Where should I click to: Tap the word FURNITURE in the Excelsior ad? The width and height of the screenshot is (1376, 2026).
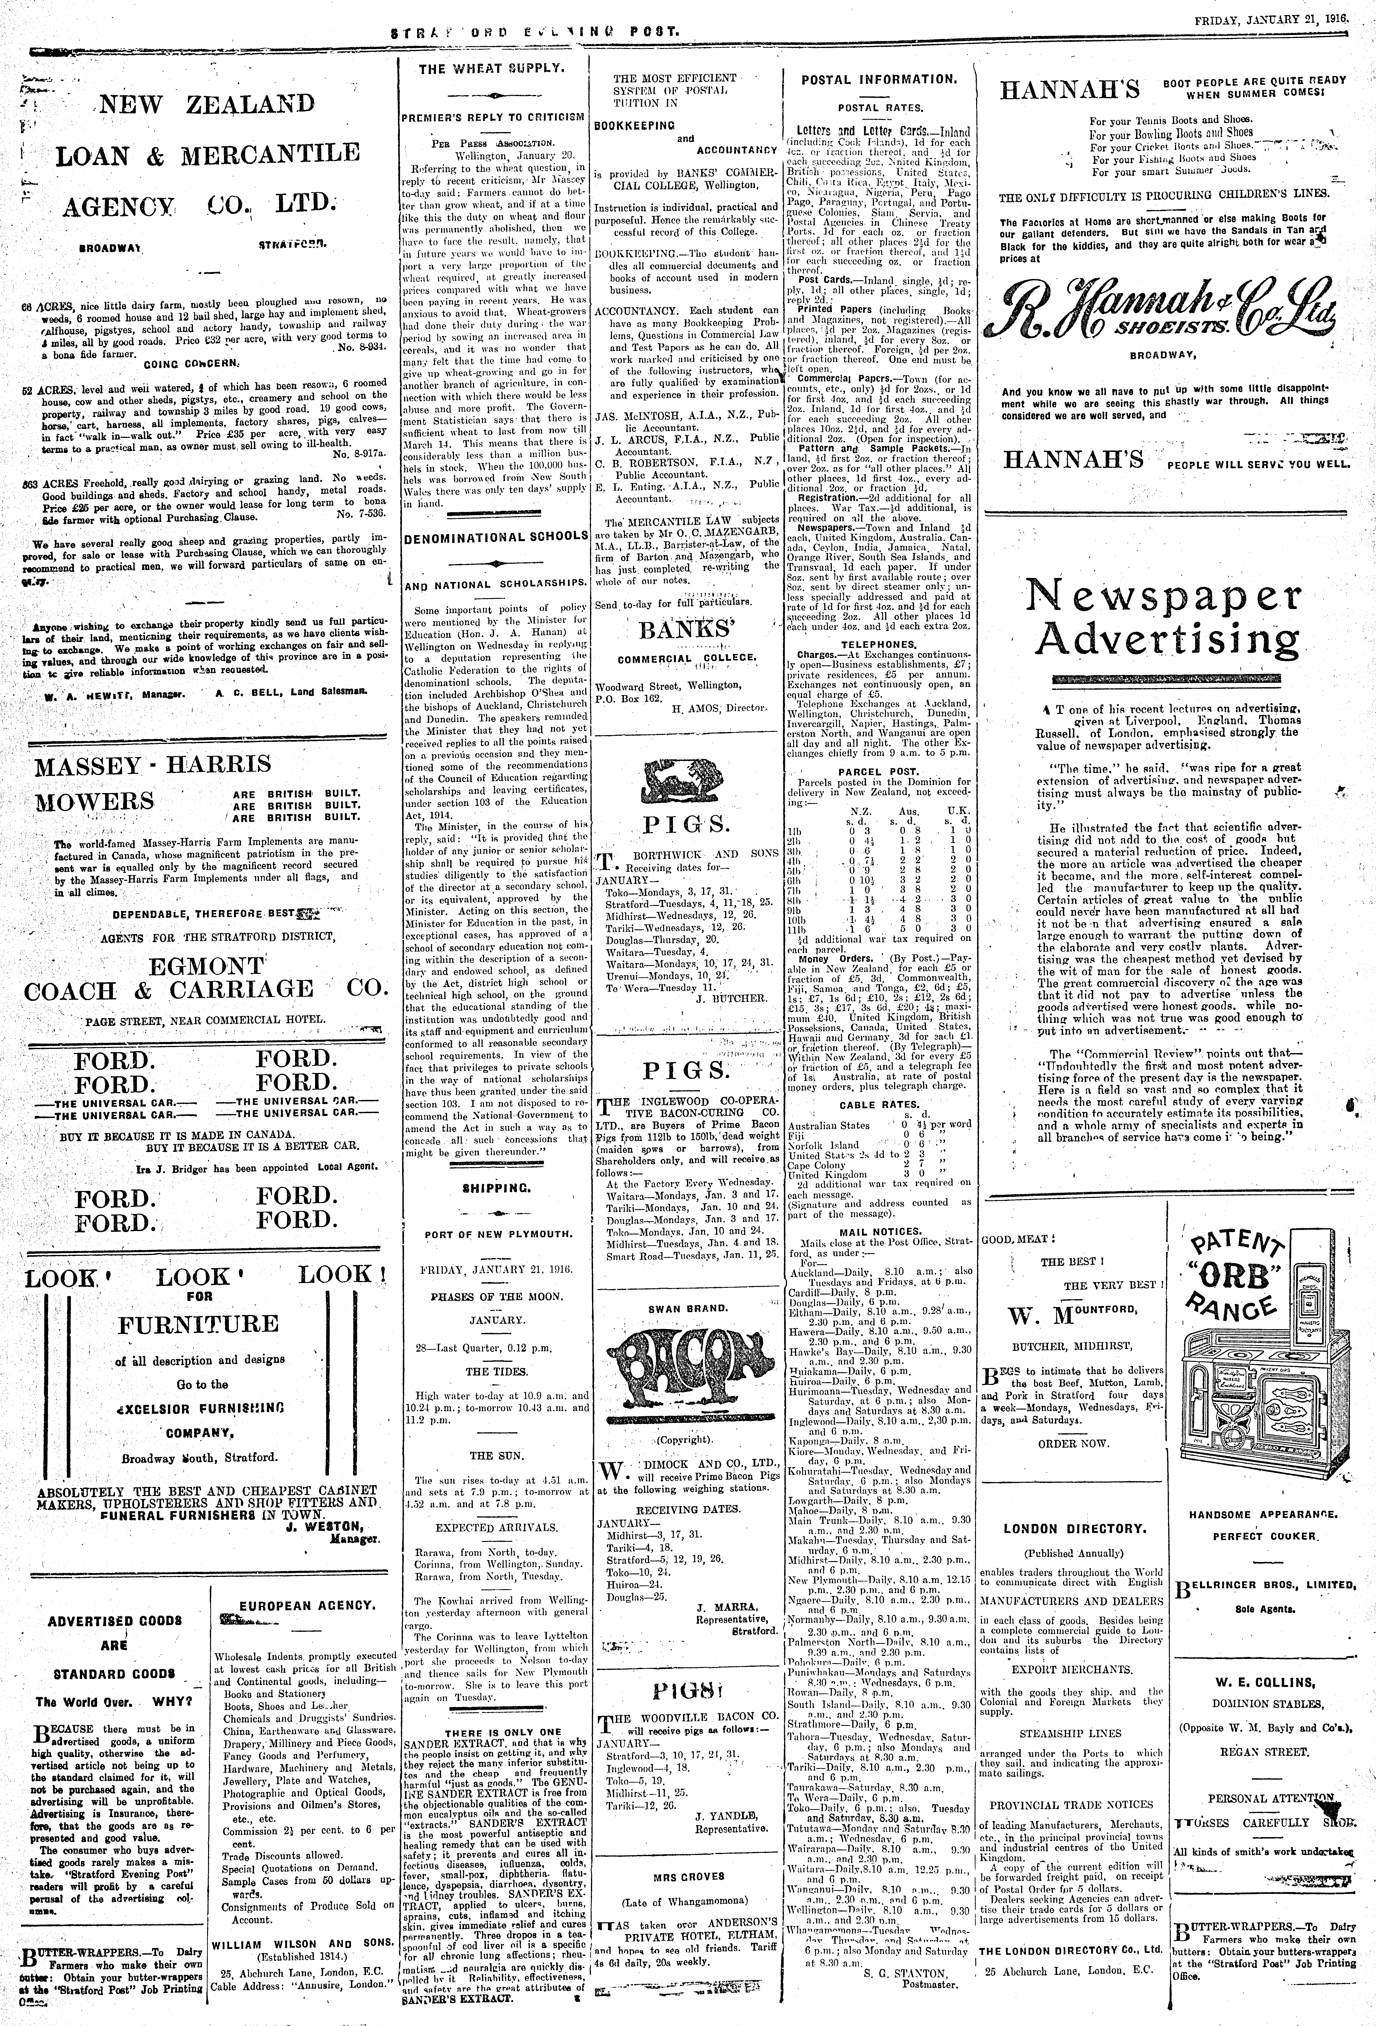199,1324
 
